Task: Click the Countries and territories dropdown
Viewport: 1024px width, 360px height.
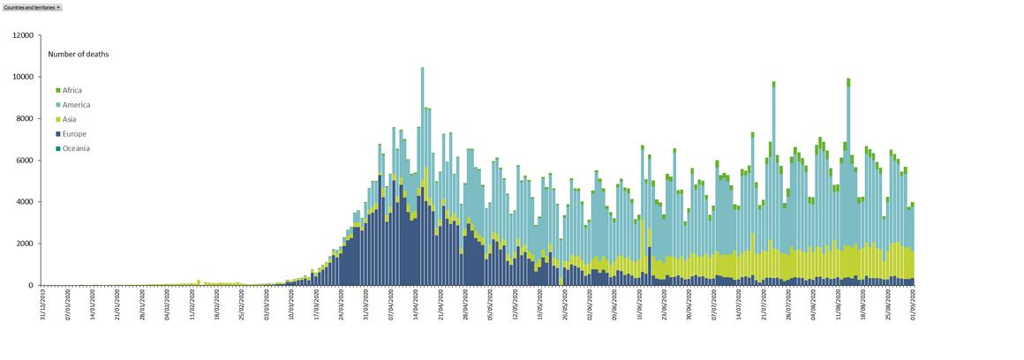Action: [x=33, y=6]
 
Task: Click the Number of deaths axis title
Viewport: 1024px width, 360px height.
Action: [x=79, y=54]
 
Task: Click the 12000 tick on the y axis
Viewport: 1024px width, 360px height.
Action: [x=22, y=35]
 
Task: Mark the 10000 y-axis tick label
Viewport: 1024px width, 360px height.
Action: [x=22, y=77]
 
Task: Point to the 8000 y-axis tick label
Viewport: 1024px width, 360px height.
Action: [x=24, y=118]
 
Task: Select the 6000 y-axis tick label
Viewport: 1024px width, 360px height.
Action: [x=24, y=161]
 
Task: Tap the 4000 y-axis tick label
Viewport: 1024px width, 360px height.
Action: [x=24, y=202]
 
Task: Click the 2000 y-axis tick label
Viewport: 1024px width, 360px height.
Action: [x=24, y=244]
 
